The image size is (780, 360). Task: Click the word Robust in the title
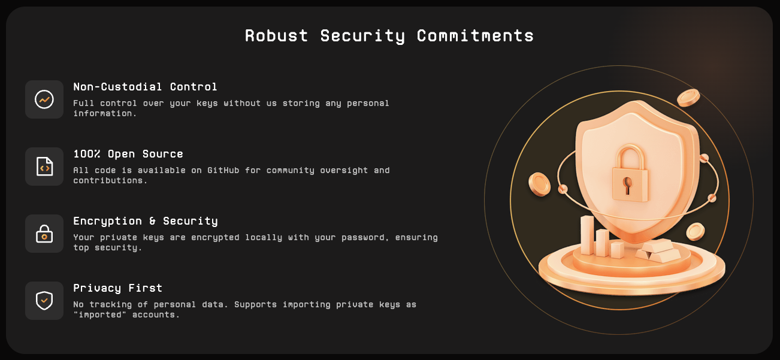click(x=277, y=35)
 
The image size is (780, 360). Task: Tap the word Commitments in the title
click(x=475, y=35)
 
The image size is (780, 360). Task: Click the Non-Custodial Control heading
click(x=145, y=87)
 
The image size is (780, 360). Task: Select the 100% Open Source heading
click(x=128, y=154)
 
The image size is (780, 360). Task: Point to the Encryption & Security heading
click(x=146, y=221)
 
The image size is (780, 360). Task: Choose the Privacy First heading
click(x=117, y=288)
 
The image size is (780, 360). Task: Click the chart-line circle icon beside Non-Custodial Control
click(x=44, y=99)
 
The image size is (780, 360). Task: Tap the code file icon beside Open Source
click(x=44, y=167)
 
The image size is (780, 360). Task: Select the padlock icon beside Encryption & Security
click(x=44, y=234)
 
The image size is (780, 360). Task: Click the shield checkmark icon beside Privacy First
click(x=44, y=301)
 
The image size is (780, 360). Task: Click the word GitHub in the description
click(x=223, y=170)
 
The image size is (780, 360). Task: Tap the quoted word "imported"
click(x=99, y=314)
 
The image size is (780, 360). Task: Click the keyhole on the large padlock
click(x=627, y=184)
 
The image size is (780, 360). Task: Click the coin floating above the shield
click(x=688, y=98)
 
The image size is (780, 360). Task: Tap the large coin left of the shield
click(x=539, y=184)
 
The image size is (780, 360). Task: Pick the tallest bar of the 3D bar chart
click(x=588, y=235)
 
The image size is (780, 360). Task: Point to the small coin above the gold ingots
click(x=696, y=232)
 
